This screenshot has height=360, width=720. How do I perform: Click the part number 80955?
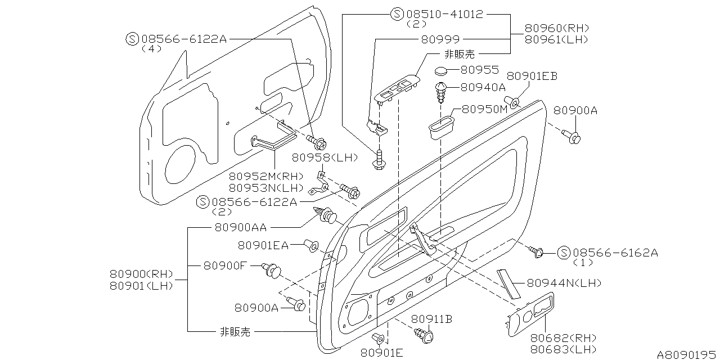(x=479, y=70)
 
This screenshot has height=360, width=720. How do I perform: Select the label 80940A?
(x=483, y=87)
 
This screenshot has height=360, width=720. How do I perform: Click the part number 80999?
(x=440, y=39)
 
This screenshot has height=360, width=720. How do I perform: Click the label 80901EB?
(x=532, y=76)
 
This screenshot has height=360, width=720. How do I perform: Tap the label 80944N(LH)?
(x=564, y=283)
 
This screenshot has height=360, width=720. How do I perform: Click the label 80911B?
(x=431, y=319)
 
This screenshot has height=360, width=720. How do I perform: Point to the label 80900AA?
(x=240, y=227)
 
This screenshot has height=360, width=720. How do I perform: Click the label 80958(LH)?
(x=325, y=157)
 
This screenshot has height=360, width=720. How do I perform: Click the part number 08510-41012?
(x=445, y=14)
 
